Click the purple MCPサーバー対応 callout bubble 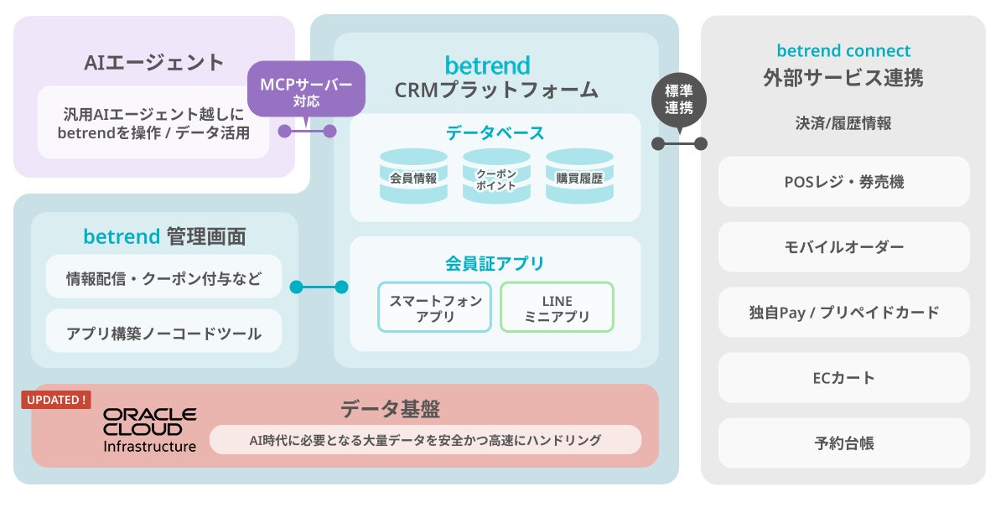point(306,90)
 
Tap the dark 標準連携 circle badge point(679,100)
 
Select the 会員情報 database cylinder point(413,176)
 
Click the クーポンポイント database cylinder point(496,176)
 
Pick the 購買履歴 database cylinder point(580,176)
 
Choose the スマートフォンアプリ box point(435,308)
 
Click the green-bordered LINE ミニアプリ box point(557,308)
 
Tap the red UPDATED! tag point(56,400)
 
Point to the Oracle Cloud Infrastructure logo point(149,430)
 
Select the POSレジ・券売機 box point(844,182)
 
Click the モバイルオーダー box point(844,247)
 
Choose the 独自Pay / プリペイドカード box point(844,313)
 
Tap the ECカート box point(844,378)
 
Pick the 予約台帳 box point(844,443)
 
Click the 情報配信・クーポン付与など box point(163,277)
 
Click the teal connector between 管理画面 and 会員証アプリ point(319,287)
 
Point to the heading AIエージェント point(154,62)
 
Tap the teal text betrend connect point(843,51)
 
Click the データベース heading point(495,133)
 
